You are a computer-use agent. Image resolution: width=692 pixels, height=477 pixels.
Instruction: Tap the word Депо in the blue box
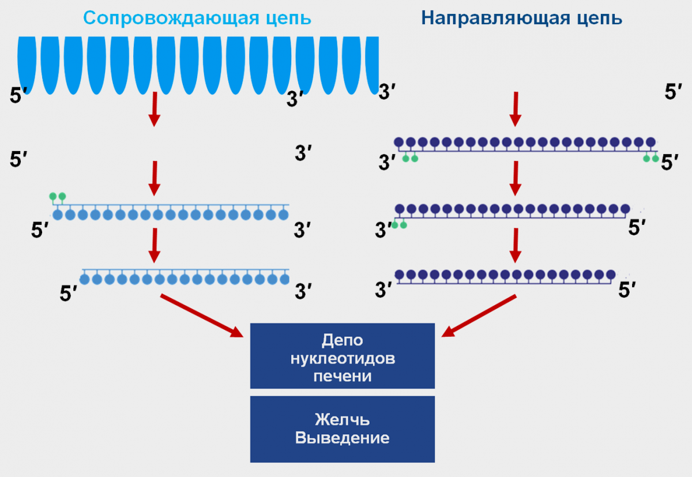[342, 340]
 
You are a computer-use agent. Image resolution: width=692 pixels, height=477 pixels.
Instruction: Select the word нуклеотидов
[343, 358]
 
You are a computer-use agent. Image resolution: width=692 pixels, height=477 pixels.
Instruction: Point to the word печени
[342, 376]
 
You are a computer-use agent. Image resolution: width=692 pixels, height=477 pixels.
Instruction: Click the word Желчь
[342, 419]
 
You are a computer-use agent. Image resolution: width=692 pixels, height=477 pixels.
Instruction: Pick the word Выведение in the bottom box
[342, 438]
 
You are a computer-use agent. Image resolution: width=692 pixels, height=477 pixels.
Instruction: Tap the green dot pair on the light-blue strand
[58, 197]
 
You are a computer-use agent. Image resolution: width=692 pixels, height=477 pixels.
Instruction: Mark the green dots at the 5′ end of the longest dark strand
[650, 158]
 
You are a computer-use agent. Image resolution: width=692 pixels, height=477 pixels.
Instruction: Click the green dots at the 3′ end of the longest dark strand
[410, 158]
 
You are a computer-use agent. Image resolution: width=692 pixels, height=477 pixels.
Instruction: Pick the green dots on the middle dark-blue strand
[399, 225]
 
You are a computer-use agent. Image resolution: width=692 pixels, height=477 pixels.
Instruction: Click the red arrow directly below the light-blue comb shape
[154, 108]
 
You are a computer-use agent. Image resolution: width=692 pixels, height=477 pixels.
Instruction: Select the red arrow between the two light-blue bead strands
[154, 245]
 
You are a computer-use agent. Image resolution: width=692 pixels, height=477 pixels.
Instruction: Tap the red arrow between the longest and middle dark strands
[516, 178]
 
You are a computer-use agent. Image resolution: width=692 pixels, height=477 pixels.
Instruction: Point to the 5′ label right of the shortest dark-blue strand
[627, 290]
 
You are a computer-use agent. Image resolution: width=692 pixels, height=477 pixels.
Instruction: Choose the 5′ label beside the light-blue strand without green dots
[69, 294]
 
